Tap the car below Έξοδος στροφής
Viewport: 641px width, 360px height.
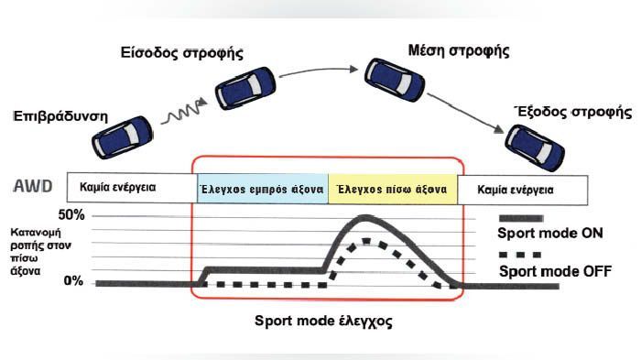pos(532,141)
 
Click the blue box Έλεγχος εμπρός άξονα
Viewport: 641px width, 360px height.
pos(261,189)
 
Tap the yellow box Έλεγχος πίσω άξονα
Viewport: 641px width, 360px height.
pos(392,189)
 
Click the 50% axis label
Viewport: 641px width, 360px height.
pos(70,216)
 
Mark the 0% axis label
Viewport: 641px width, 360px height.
pos(73,280)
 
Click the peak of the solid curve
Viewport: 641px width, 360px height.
pos(365,218)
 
